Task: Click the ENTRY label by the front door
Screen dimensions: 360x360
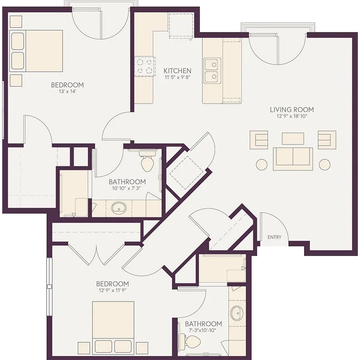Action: point(274,237)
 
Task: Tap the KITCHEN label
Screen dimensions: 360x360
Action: point(177,70)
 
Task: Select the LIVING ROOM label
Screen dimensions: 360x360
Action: point(292,110)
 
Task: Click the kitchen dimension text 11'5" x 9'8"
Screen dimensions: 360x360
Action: point(177,77)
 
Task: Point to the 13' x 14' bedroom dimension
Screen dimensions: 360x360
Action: point(67,91)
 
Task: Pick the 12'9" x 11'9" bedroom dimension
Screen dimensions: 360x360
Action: point(112,290)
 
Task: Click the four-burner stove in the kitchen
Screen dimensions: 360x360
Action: point(145,66)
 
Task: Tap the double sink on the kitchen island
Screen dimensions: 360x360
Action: point(212,70)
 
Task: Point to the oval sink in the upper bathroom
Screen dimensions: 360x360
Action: point(119,208)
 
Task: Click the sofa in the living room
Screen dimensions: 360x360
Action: point(293,159)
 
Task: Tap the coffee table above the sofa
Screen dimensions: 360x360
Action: point(293,138)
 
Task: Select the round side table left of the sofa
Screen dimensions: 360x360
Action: point(262,165)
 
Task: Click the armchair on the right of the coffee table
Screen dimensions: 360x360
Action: point(327,140)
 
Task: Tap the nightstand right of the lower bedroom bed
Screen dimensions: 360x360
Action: point(142,348)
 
